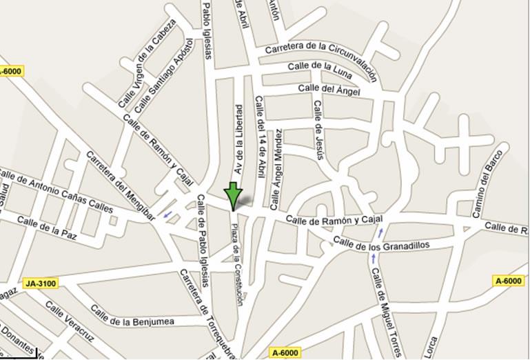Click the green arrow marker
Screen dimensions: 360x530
(234, 194)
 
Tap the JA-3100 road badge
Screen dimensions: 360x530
(40, 283)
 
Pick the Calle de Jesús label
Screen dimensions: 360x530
(318, 130)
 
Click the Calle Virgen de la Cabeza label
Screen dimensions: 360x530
(146, 63)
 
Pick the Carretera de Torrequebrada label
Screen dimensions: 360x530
(207, 313)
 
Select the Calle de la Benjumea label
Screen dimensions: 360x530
(132, 321)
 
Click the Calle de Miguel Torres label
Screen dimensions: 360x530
(387, 311)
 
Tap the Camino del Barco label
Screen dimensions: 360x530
(485, 183)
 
